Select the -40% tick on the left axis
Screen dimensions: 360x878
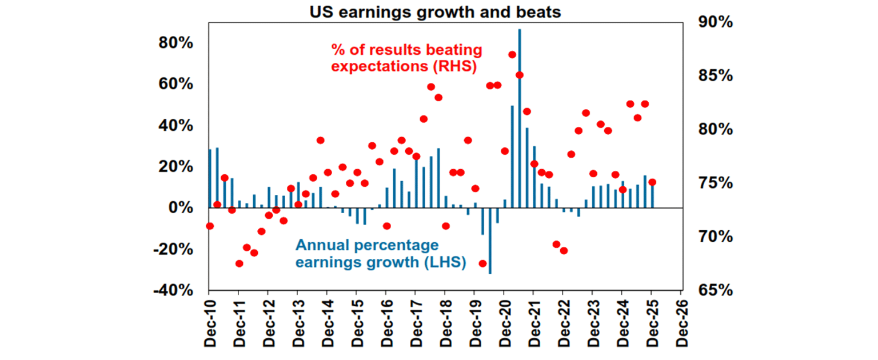point(174,290)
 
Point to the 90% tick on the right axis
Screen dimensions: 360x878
point(714,22)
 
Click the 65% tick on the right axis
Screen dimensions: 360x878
point(714,290)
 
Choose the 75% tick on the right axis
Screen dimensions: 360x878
point(714,183)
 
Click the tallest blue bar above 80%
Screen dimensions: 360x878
point(520,114)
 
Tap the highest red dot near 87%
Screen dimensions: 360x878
point(512,54)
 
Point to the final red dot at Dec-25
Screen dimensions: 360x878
point(652,182)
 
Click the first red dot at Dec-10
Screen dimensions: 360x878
point(209,226)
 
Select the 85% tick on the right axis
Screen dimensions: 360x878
point(714,76)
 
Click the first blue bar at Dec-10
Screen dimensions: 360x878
point(210,178)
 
